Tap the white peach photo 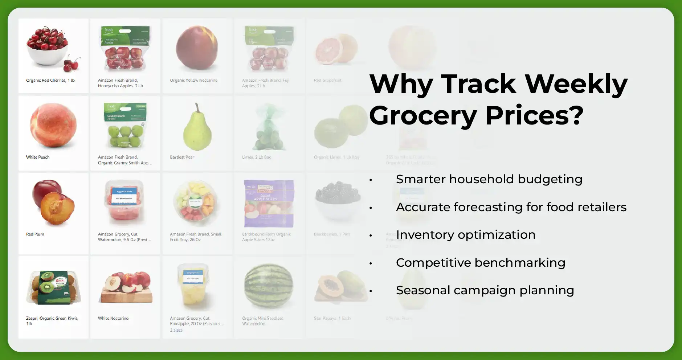[53, 125]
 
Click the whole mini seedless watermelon [269, 286]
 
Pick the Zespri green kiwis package [53, 287]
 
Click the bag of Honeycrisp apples [125, 49]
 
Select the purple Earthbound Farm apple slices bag [269, 203]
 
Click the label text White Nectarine [113, 318]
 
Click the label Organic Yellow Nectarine [193, 80]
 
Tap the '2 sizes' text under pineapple [176, 330]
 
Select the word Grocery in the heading [423, 115]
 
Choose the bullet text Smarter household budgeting [489, 179]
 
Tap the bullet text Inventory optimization [466, 235]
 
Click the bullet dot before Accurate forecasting [371, 208]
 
